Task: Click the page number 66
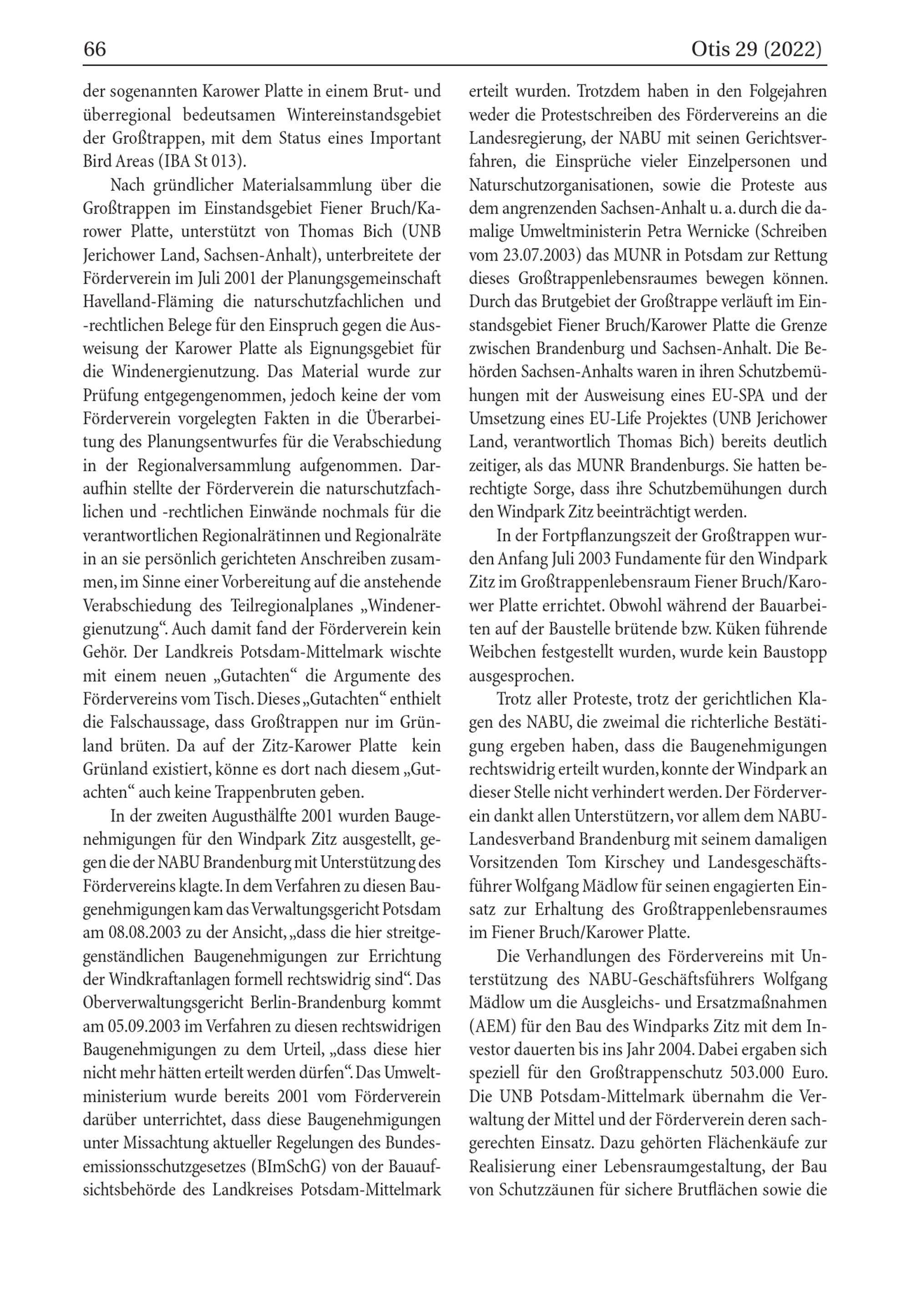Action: (95, 50)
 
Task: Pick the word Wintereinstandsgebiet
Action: (364, 115)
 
